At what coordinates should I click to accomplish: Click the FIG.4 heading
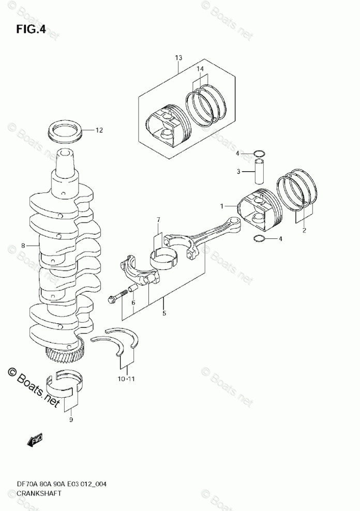click(31, 30)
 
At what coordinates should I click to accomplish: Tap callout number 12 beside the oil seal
click(99, 130)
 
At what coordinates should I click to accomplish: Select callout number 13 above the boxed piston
click(178, 58)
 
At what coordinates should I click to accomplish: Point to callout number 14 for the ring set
click(200, 68)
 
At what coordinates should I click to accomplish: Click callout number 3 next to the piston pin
click(239, 171)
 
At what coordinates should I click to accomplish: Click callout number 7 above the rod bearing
click(159, 221)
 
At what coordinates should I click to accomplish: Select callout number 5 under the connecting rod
click(164, 313)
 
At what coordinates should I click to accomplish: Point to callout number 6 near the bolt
click(133, 303)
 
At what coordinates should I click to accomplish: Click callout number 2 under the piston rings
click(304, 230)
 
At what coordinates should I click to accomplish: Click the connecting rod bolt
click(118, 298)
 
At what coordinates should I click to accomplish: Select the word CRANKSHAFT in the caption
click(39, 493)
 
